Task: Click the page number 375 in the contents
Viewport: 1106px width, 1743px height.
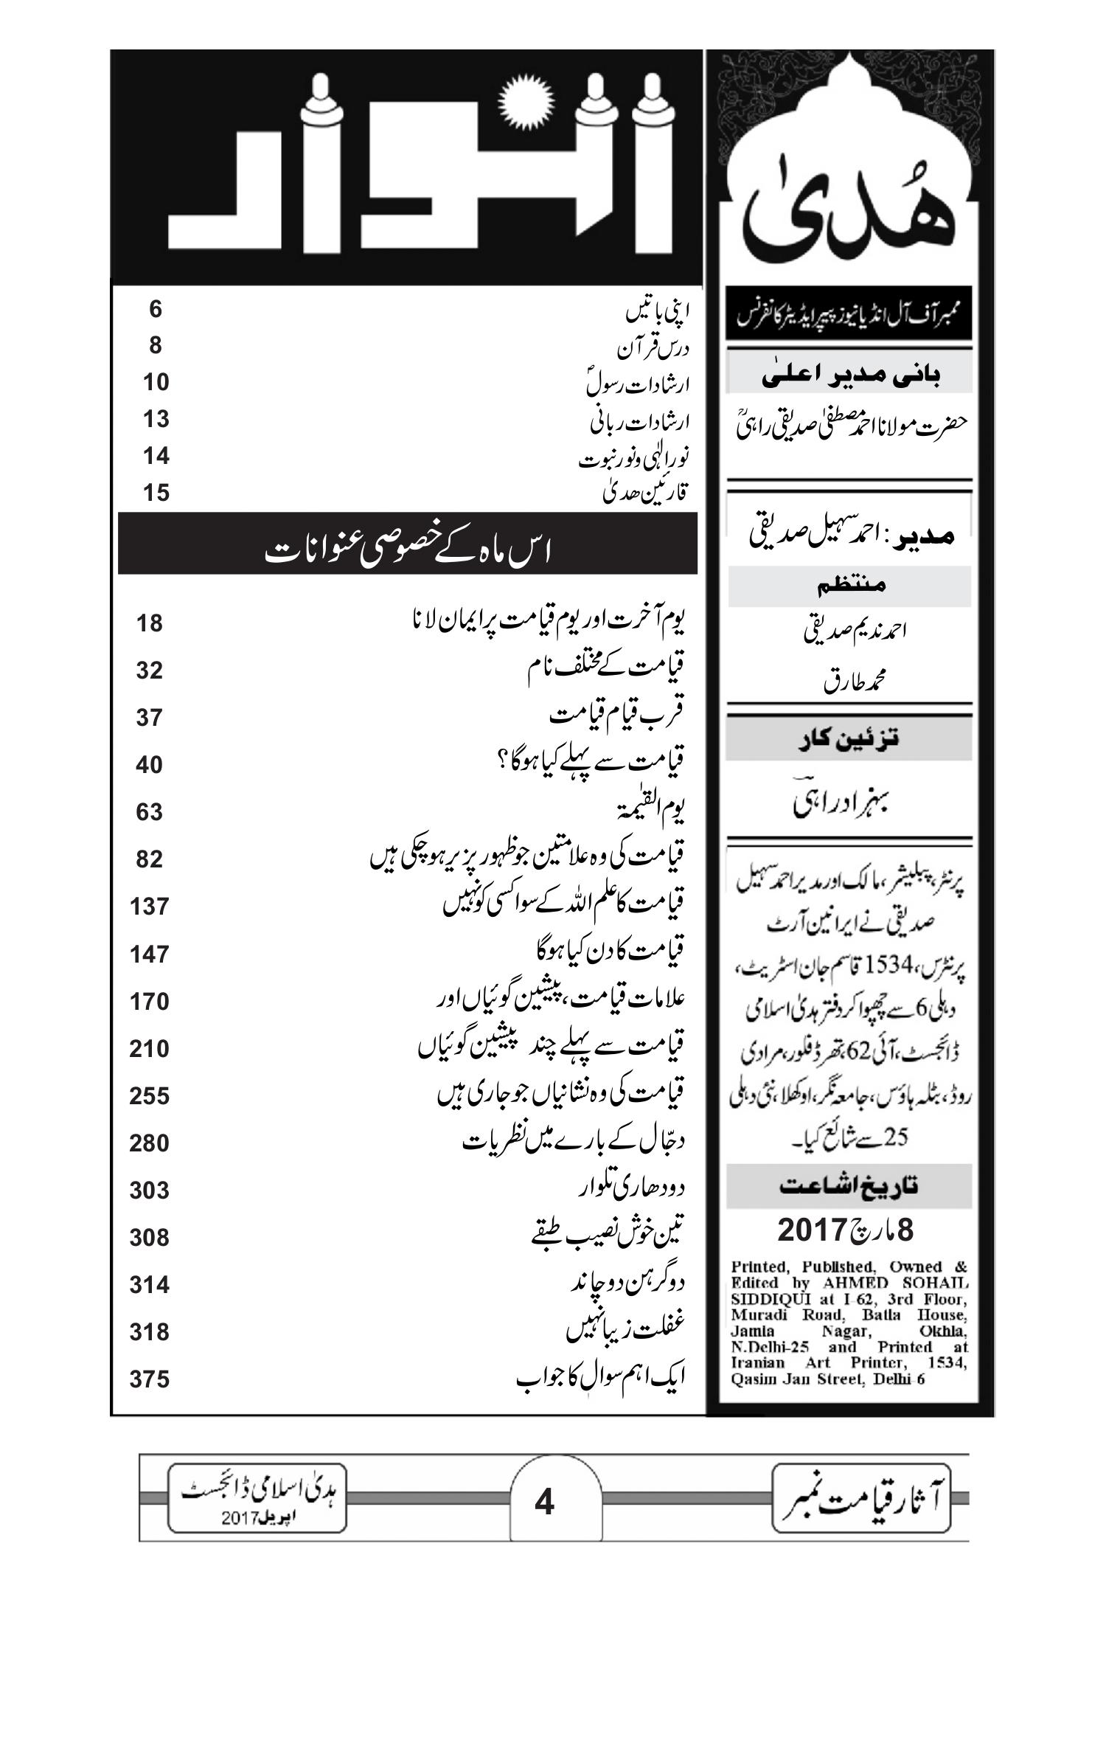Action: pyautogui.click(x=149, y=1379)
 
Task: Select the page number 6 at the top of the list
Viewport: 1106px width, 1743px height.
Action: pyautogui.click(x=155, y=308)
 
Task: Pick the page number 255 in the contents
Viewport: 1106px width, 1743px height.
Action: pyautogui.click(x=149, y=1095)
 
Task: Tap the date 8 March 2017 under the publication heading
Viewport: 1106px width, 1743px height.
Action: pyautogui.click(x=846, y=1230)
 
